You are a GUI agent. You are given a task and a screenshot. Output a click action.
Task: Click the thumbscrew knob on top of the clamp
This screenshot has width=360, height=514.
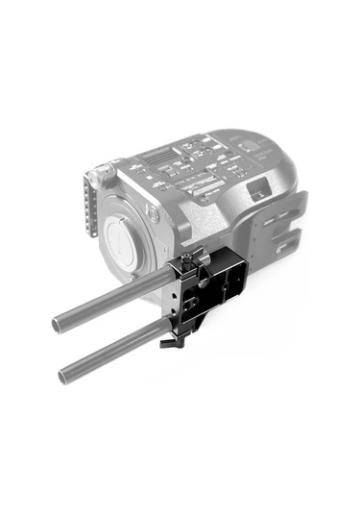pyautogui.click(x=190, y=257)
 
